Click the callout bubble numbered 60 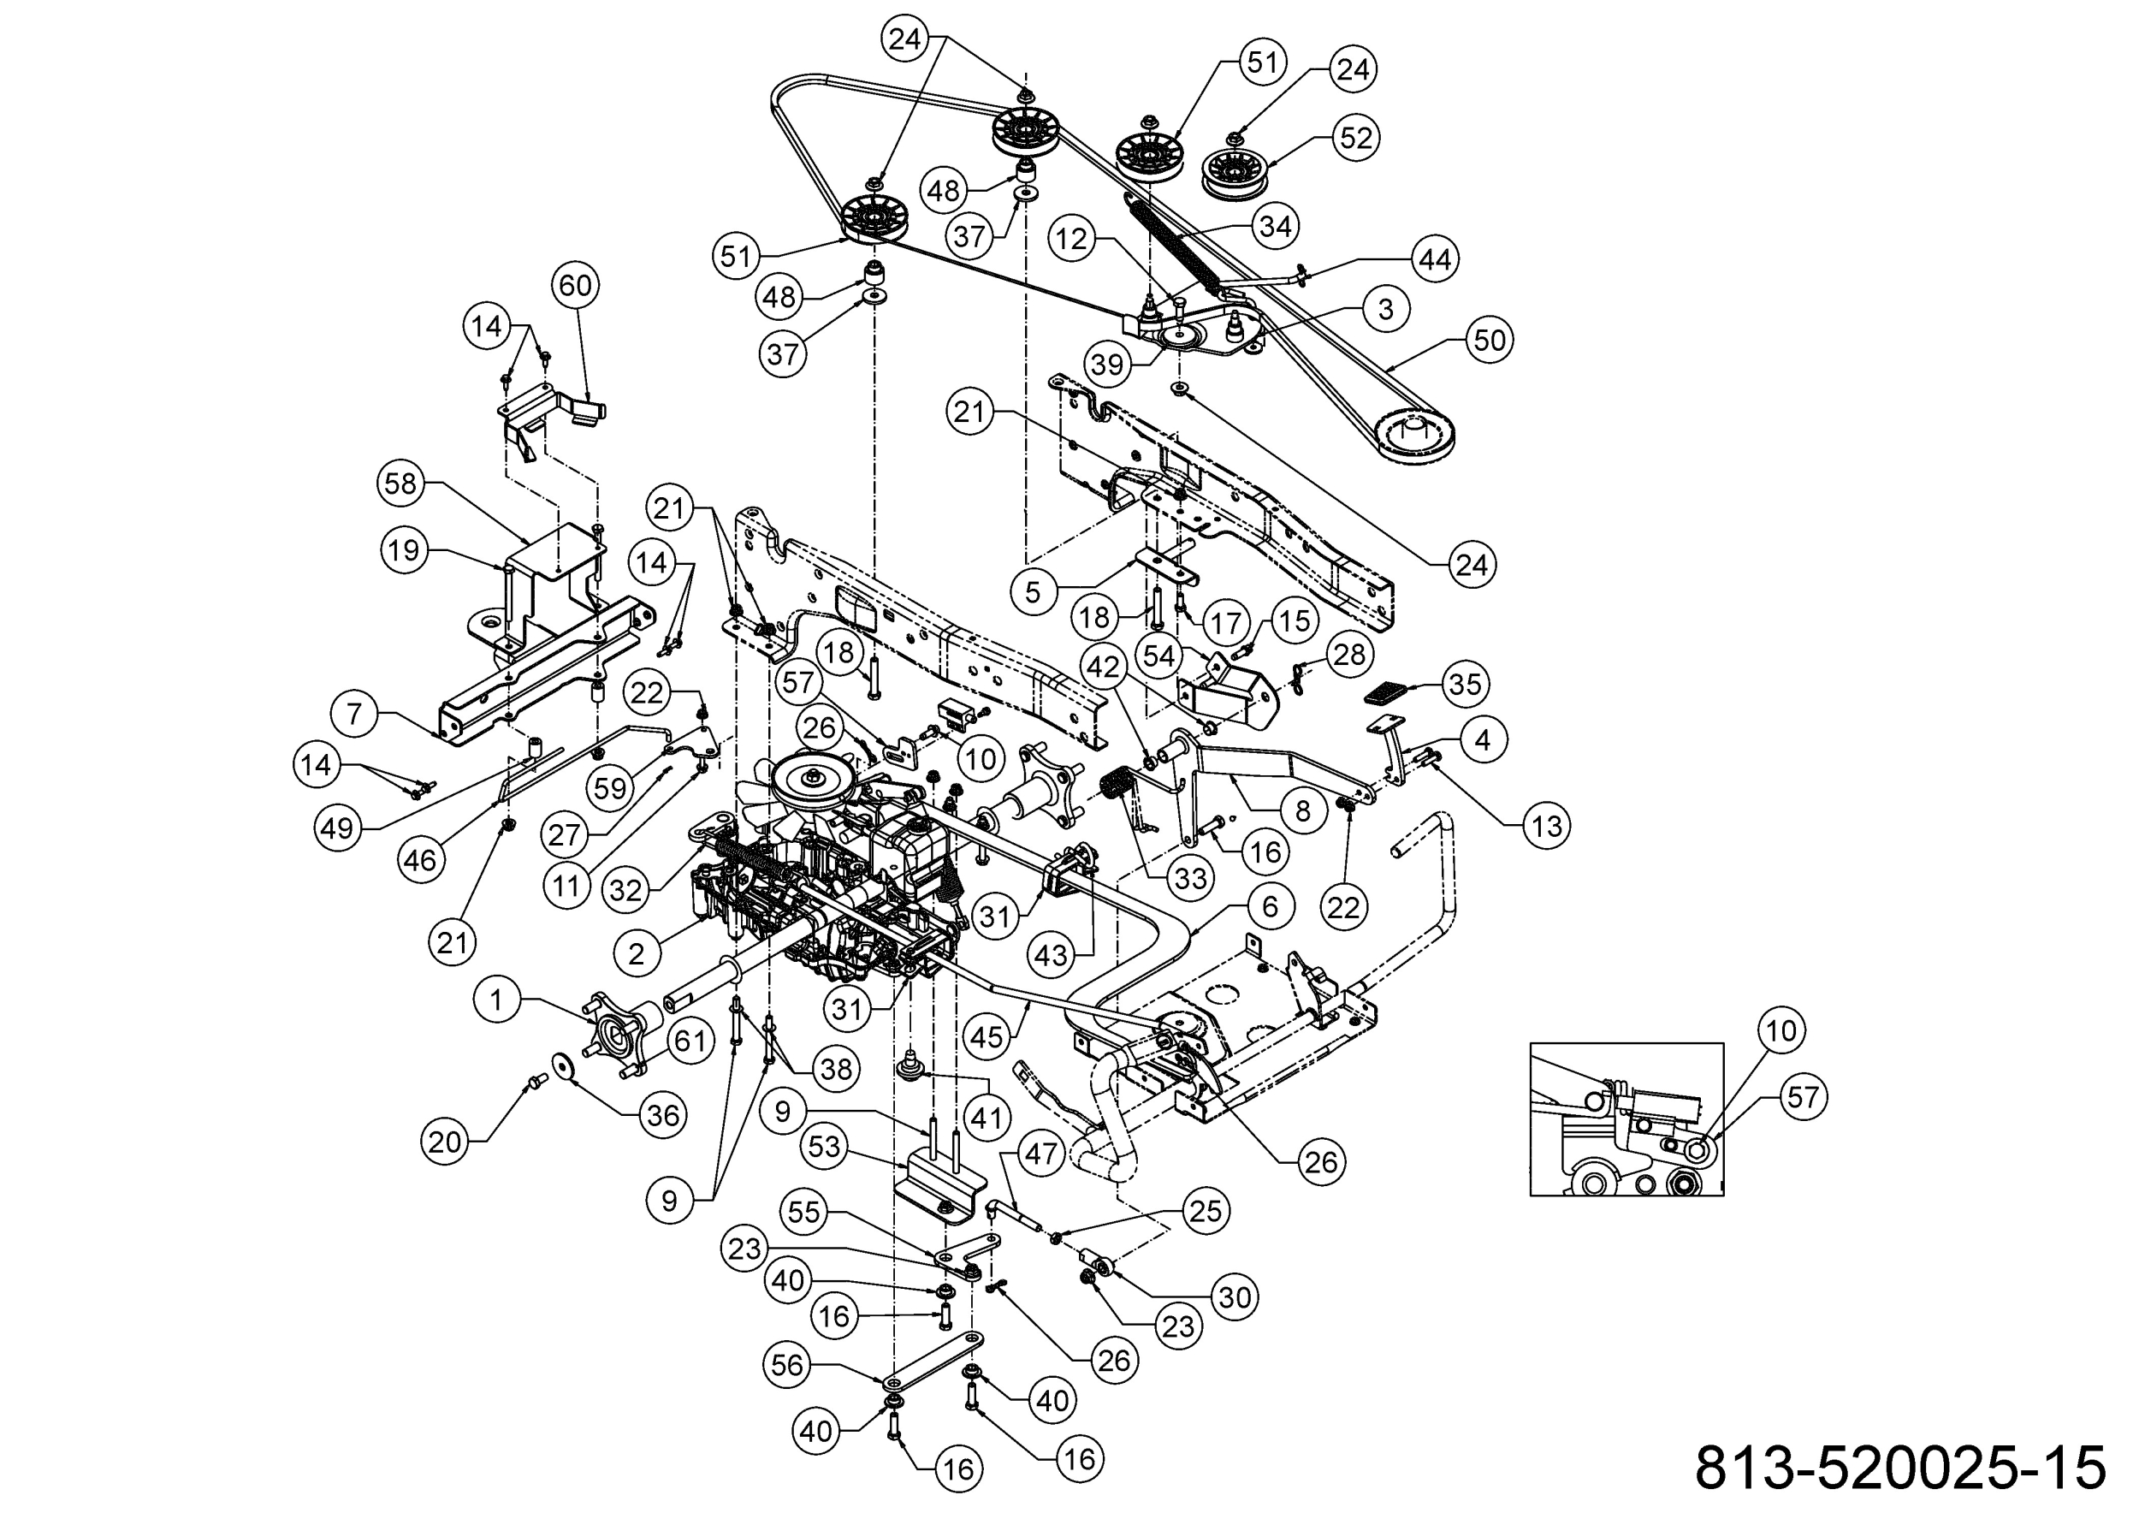[575, 285]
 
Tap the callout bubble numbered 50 [1489, 339]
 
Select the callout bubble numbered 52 [1355, 138]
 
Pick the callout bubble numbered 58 [401, 484]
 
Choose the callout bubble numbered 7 [354, 715]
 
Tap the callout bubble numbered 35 [1465, 684]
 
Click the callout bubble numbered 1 [496, 1000]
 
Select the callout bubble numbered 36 [662, 1114]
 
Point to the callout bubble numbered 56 [787, 1366]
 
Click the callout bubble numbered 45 [987, 1036]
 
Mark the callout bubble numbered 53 [825, 1148]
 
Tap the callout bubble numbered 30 [1235, 1296]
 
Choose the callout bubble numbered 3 [1385, 309]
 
